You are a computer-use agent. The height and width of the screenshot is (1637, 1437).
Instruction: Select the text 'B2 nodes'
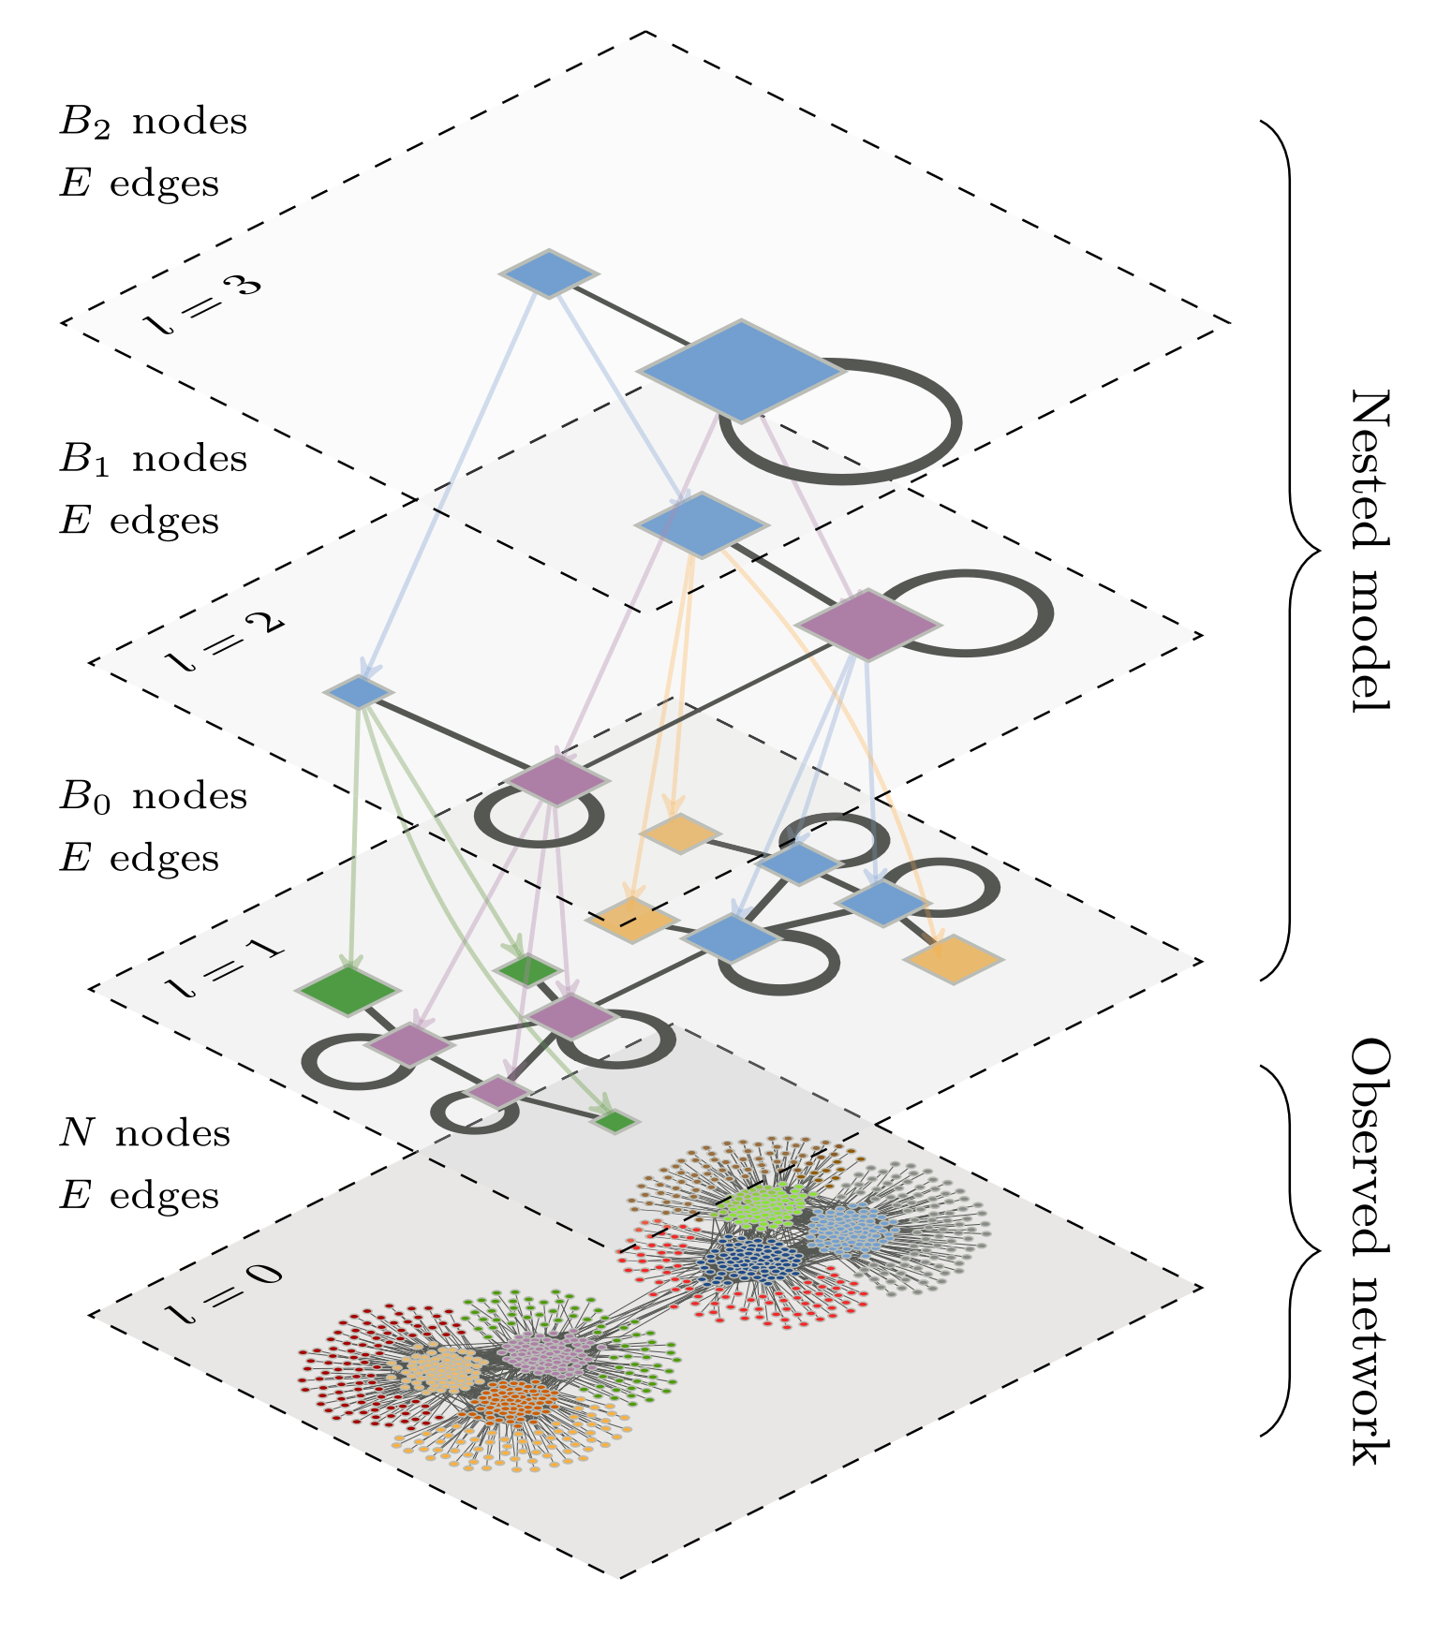[x=153, y=122]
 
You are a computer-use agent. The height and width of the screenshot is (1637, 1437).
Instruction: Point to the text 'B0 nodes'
[x=153, y=796]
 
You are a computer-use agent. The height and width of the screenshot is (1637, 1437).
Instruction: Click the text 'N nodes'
[x=144, y=1133]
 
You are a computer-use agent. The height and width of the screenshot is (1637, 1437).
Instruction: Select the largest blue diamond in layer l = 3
[x=741, y=370]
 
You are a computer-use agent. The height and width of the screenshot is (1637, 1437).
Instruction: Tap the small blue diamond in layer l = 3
[x=549, y=273]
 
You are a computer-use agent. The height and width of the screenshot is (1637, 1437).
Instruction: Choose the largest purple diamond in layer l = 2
[x=867, y=624]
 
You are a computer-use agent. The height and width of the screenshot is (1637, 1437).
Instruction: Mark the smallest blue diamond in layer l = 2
[x=358, y=691]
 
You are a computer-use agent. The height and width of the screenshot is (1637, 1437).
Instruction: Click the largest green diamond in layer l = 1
[x=347, y=990]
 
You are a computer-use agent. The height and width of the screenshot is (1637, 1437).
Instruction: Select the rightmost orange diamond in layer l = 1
[x=953, y=959]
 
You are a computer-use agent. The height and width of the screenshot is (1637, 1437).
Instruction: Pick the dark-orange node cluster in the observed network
[x=512, y=1400]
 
